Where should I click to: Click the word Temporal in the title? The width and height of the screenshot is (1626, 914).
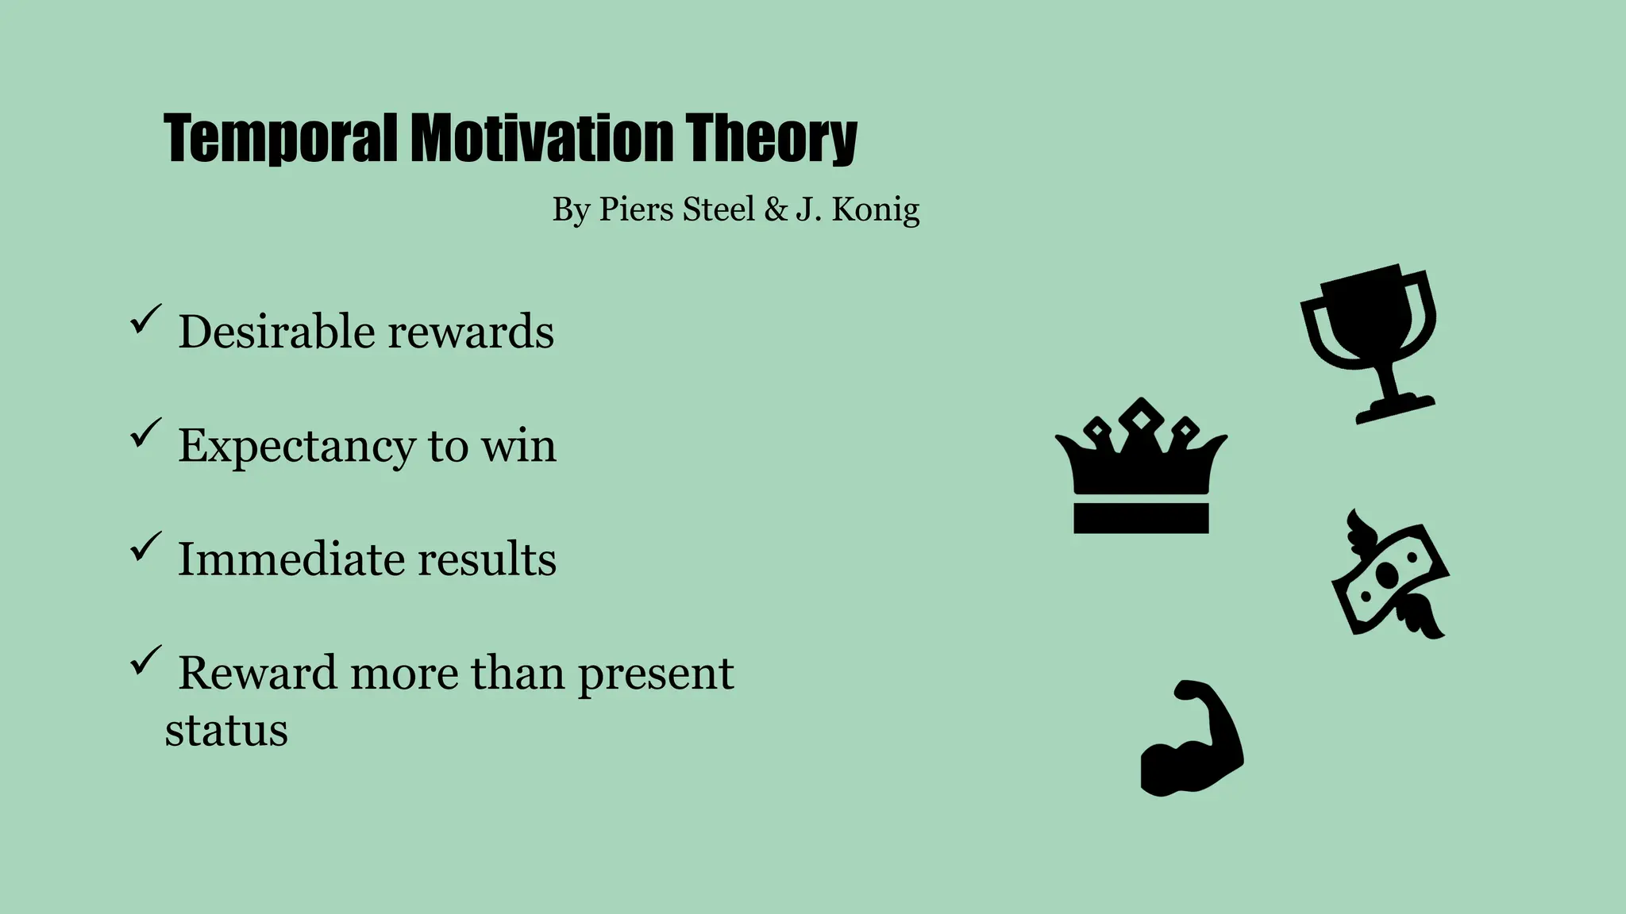pyautogui.click(x=279, y=139)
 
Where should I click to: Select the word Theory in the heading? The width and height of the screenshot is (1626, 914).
pyautogui.click(x=770, y=139)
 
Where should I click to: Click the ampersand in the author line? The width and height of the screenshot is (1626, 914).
pyautogui.click(x=775, y=209)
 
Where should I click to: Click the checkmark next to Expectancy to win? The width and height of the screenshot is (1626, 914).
pyautogui.click(x=145, y=433)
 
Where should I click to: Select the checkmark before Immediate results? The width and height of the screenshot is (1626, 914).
pyautogui.click(x=145, y=547)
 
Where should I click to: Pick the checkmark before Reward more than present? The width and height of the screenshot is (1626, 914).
pyautogui.click(x=145, y=660)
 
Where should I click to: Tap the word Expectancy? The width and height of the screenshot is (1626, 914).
pyautogui.click(x=296, y=447)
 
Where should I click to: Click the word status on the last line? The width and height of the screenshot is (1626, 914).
pyautogui.click(x=226, y=731)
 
